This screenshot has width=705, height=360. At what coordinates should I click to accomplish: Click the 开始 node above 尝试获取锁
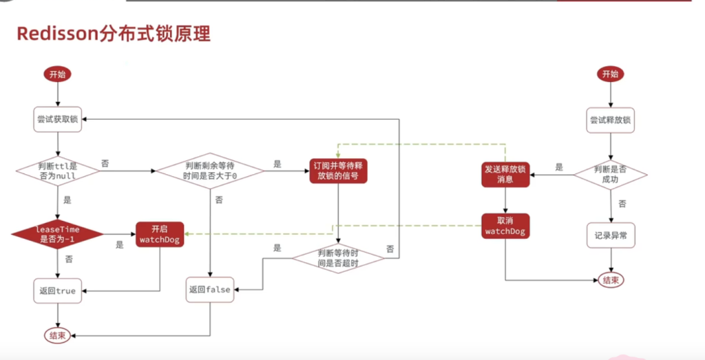click(59, 74)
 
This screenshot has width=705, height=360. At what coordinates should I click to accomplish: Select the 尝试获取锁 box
click(58, 119)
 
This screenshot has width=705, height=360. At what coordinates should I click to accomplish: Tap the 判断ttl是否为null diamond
click(58, 169)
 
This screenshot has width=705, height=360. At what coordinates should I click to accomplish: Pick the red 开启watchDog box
click(159, 233)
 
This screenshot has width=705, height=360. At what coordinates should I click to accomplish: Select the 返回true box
click(58, 290)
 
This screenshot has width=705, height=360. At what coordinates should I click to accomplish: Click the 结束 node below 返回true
click(58, 335)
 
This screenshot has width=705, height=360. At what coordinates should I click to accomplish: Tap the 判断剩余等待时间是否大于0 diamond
click(210, 170)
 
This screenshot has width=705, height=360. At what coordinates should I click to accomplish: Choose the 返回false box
click(209, 290)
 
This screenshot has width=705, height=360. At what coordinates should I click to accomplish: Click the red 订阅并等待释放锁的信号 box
click(338, 170)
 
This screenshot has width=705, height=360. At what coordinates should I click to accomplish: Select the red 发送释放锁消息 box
click(505, 175)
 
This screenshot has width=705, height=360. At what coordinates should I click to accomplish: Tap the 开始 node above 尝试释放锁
click(610, 74)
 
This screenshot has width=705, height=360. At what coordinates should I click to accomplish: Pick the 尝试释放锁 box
click(610, 120)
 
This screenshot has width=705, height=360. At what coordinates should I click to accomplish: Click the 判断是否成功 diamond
click(610, 175)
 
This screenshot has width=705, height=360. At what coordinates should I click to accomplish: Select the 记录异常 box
click(610, 235)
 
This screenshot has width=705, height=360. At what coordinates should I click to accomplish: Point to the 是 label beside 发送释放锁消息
click(559, 167)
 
